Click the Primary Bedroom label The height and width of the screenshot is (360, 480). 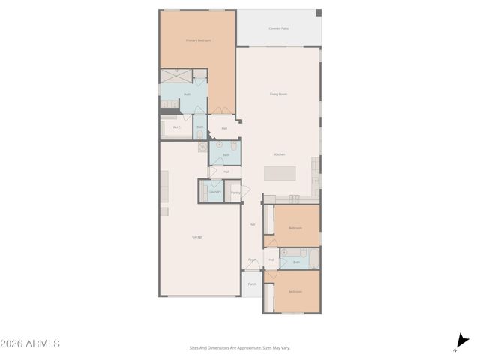click(199, 40)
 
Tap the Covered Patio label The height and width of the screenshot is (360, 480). click(279, 28)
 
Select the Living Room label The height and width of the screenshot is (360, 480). click(279, 94)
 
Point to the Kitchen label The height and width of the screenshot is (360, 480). click(279, 154)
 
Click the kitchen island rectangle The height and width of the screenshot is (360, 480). click(280, 173)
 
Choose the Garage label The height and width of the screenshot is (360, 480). click(197, 236)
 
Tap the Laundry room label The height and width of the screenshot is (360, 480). click(214, 191)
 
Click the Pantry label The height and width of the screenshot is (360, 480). click(235, 193)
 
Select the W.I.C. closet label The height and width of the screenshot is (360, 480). click(177, 127)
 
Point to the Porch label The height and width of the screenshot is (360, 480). click(252, 284)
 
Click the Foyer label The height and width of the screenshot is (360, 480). click(252, 260)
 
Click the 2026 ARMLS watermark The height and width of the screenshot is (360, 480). click(30, 343)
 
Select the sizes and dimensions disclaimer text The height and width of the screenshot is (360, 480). click(240, 347)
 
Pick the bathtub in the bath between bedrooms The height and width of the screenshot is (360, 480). click(314, 258)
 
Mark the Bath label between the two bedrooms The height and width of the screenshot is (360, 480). click(296, 262)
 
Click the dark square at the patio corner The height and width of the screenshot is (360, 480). click(318, 13)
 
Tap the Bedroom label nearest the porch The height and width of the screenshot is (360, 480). click(295, 291)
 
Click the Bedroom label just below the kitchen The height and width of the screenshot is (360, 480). click(295, 227)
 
